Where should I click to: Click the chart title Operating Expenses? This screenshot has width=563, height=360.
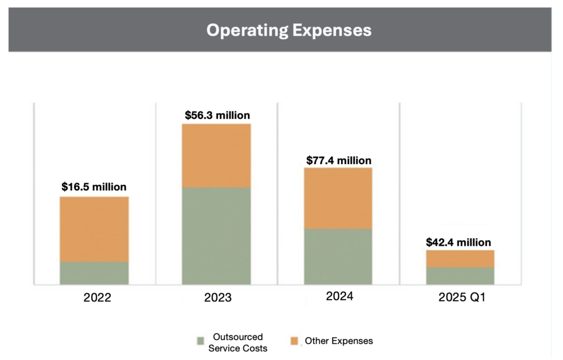click(x=289, y=30)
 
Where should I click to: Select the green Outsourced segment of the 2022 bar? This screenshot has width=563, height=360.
click(x=94, y=273)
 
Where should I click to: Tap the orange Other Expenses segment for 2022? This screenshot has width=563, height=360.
click(x=94, y=229)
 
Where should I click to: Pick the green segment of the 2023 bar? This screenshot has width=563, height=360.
click(x=216, y=236)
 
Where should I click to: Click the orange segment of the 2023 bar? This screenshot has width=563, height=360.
click(x=216, y=155)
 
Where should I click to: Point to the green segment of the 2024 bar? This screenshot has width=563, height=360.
click(x=338, y=256)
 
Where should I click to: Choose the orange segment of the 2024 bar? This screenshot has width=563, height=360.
click(x=338, y=198)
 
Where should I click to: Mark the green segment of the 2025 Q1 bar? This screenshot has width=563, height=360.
click(x=460, y=276)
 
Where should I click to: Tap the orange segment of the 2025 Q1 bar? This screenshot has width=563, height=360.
click(x=460, y=259)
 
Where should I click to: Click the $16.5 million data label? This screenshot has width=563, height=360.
click(x=94, y=187)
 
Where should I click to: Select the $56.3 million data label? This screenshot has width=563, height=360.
click(x=217, y=115)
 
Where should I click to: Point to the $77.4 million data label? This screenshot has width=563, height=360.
click(x=338, y=160)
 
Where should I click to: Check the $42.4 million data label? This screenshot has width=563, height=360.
click(x=459, y=242)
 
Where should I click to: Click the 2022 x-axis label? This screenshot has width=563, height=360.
click(x=97, y=298)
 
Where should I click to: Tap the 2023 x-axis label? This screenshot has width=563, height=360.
click(x=218, y=298)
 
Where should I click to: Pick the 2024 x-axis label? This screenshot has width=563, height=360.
click(x=340, y=297)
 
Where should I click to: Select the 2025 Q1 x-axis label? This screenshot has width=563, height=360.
click(x=462, y=298)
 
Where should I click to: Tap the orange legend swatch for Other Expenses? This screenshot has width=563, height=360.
click(x=294, y=341)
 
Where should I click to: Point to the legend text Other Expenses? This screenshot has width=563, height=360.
click(x=338, y=341)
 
